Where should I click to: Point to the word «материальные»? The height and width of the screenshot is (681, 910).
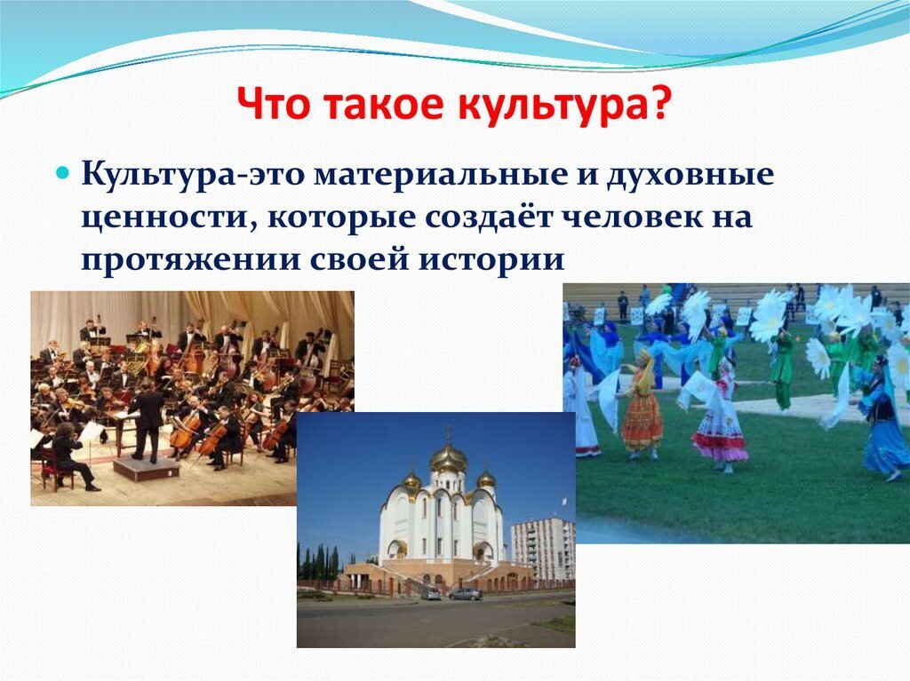point(441,175)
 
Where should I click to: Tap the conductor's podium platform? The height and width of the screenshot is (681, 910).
point(147,468)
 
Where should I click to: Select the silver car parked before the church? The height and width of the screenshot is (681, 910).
point(465,594)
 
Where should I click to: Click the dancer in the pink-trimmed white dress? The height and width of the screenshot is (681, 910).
point(718,414)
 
